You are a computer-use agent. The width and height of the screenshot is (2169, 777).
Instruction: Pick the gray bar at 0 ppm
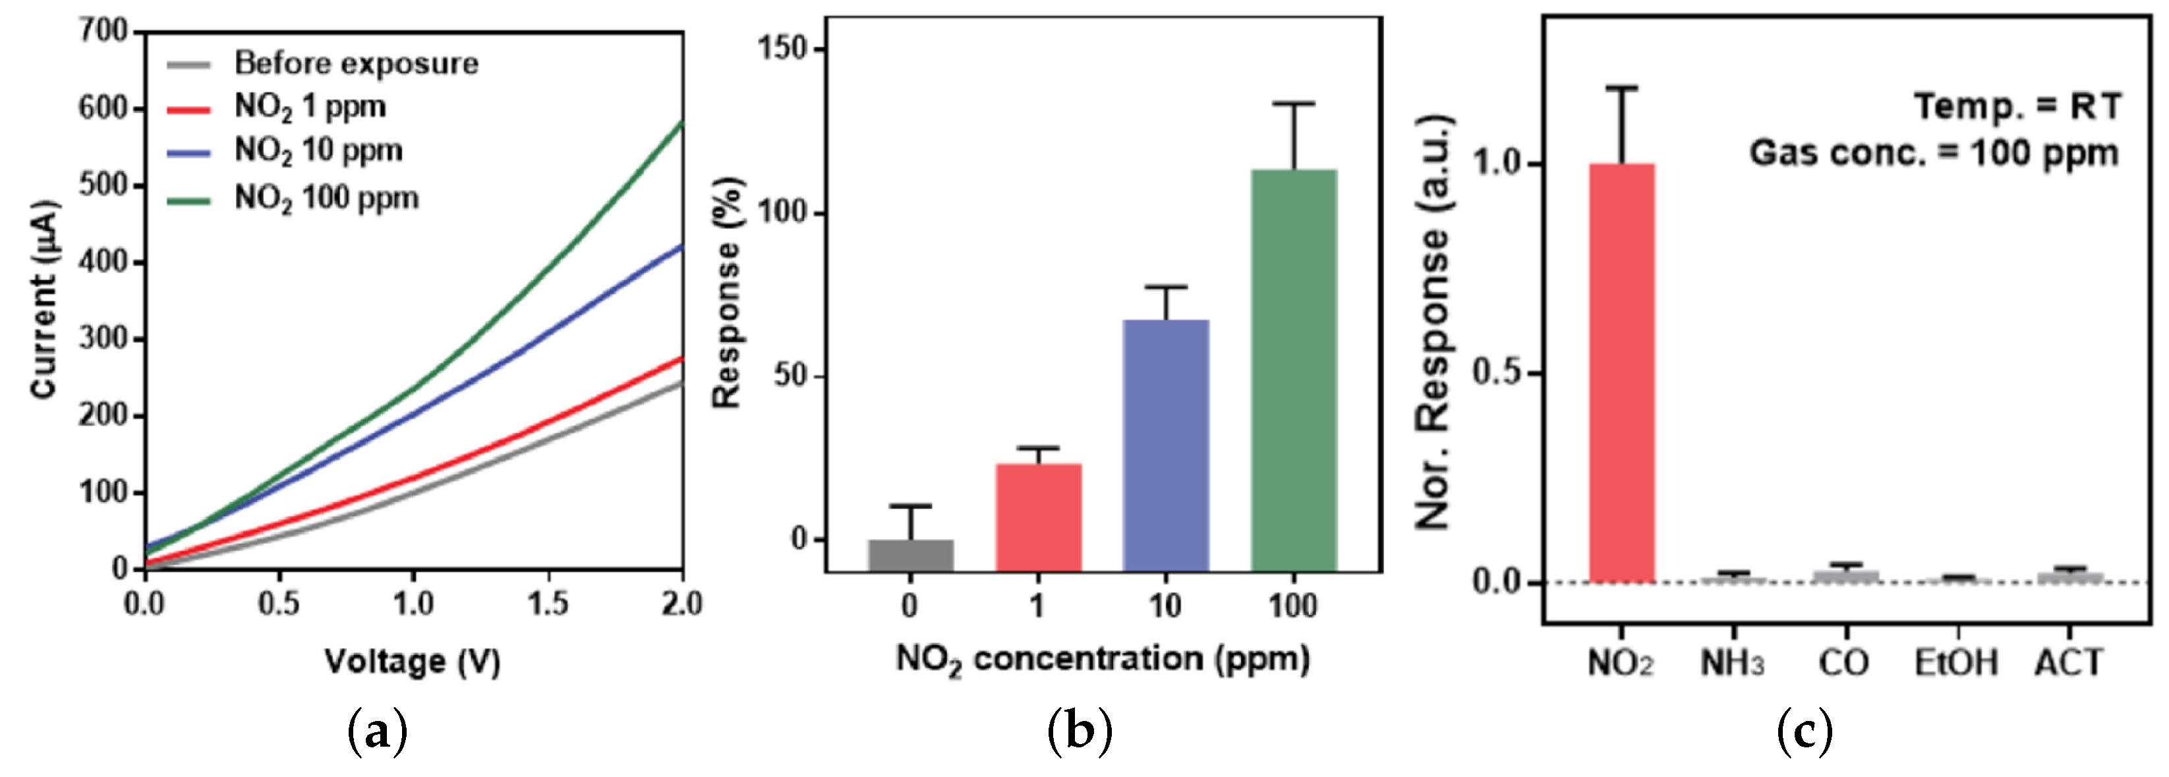click(x=910, y=556)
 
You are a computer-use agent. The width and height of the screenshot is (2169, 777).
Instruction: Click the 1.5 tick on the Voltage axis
click(x=548, y=603)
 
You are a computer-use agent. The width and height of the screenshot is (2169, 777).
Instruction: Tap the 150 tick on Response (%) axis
click(x=783, y=49)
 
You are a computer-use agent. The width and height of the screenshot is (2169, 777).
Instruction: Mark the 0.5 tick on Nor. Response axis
click(x=1498, y=373)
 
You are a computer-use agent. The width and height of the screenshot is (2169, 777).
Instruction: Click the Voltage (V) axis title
click(x=413, y=662)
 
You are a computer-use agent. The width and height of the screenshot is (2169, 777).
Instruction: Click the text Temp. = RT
click(x=2017, y=107)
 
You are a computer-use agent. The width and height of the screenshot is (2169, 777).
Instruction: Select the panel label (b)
click(x=1080, y=732)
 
